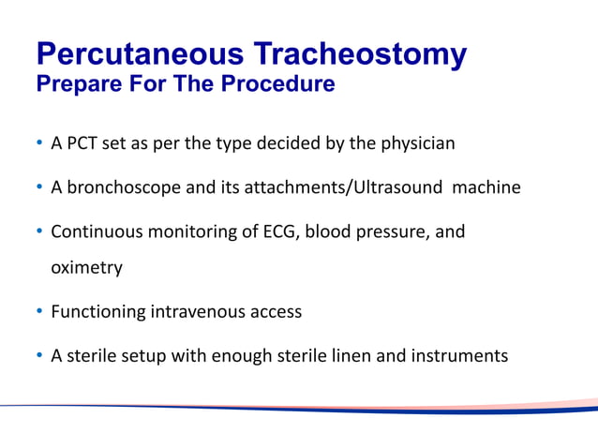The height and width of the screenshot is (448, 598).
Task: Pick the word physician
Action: [413, 144]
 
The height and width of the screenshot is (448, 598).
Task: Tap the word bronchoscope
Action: [124, 187]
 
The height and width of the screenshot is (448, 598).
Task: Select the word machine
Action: [486, 187]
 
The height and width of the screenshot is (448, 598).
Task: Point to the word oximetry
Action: [86, 268]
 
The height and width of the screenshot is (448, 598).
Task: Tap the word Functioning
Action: [98, 311]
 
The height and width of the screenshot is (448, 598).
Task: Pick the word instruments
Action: [466, 355]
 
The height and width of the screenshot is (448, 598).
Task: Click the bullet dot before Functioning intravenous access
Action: [39, 311]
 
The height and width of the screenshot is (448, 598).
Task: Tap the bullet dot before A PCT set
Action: [39, 144]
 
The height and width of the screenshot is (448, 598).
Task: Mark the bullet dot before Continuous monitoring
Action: [39, 231]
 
